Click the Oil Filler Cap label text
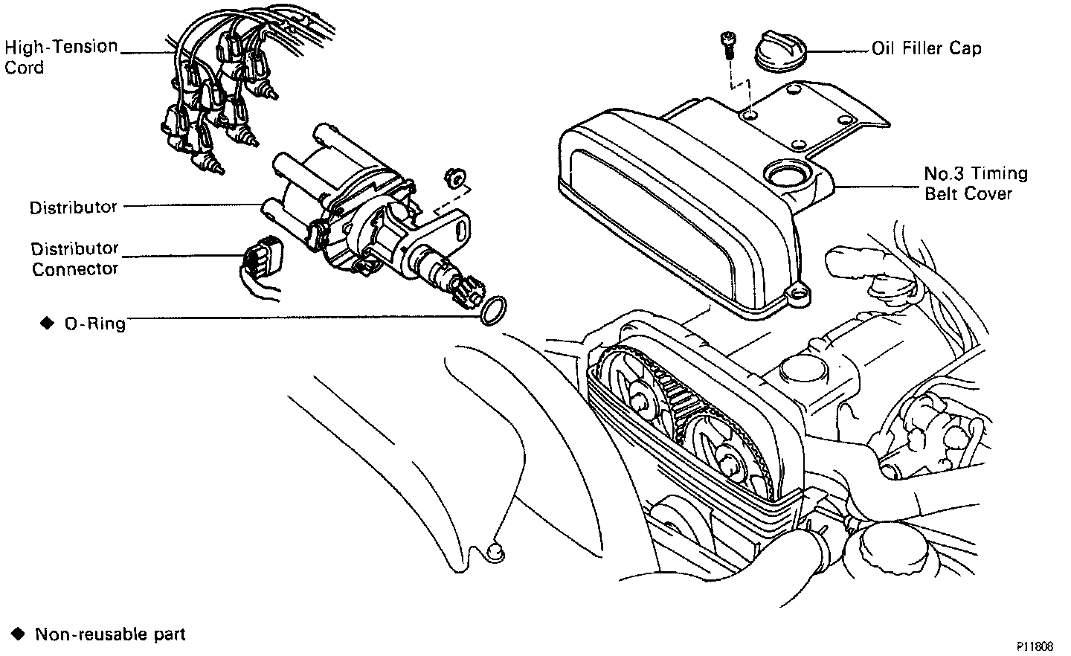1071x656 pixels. click(x=926, y=49)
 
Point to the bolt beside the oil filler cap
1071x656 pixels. click(x=727, y=45)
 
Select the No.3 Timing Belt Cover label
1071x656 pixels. click(x=975, y=184)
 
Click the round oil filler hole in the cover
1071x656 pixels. click(x=786, y=176)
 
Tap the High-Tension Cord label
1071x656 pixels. click(x=61, y=57)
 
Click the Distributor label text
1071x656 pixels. click(x=73, y=208)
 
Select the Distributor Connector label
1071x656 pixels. click(x=74, y=258)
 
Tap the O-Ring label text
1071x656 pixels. click(x=94, y=324)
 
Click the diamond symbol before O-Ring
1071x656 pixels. click(x=47, y=323)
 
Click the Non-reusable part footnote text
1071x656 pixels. click(x=110, y=634)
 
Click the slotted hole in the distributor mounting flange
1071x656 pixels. click(x=461, y=222)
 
